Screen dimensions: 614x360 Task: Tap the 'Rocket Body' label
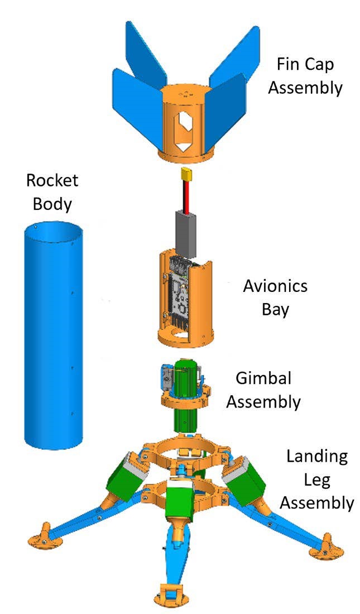pos(52,191)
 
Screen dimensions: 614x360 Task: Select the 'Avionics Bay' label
pos(275,298)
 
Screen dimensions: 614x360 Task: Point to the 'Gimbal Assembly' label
pos(263,390)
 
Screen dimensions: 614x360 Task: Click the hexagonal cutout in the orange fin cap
pos(181,126)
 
